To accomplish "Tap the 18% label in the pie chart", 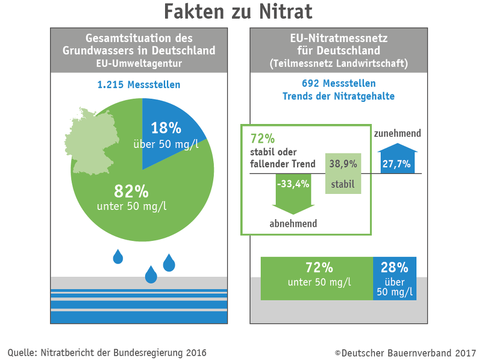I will (x=166, y=128).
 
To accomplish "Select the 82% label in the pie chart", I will (x=131, y=192).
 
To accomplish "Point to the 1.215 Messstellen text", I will (x=139, y=84).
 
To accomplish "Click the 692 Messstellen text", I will (x=339, y=83).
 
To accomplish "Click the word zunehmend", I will (x=397, y=133).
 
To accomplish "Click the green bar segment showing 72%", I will (x=317, y=278).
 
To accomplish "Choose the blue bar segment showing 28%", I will (x=395, y=278).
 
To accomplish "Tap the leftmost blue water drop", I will (x=119, y=257).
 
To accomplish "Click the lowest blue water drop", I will (x=151, y=275).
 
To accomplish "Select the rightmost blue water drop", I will (x=169, y=262).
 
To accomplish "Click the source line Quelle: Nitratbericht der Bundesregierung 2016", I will (x=107, y=353).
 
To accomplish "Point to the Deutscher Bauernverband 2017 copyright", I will (x=405, y=353).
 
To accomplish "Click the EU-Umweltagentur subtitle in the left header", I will (x=139, y=62).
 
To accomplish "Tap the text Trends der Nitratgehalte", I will (x=339, y=96).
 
